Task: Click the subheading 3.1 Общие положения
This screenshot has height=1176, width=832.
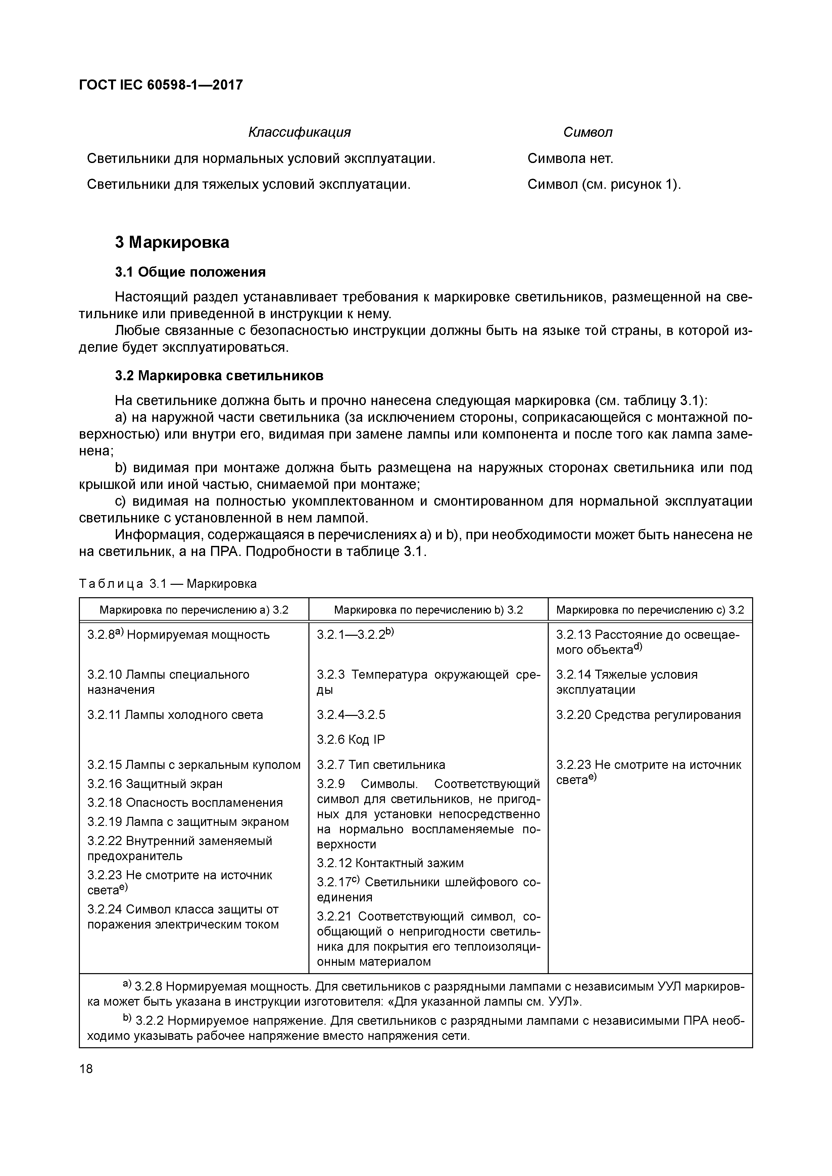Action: tap(190, 272)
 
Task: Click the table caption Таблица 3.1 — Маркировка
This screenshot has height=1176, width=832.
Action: tap(167, 583)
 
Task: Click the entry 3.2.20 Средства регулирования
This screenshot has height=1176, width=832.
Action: tap(648, 715)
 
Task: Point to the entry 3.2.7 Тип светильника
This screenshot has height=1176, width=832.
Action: tap(381, 765)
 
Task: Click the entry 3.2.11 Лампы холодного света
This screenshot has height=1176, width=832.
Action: tap(175, 715)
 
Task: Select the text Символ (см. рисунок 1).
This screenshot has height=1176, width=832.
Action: tap(604, 184)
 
